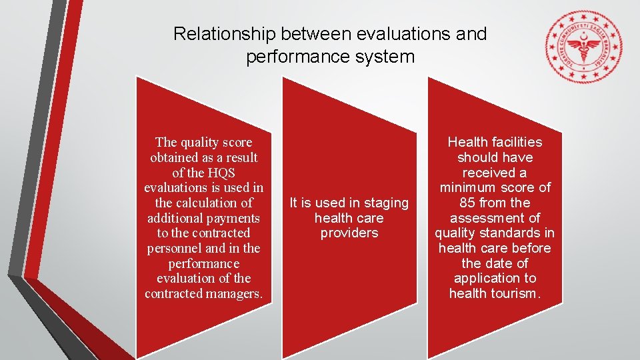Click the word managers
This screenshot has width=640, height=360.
[x=235, y=293]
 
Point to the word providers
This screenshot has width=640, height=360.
[x=349, y=233]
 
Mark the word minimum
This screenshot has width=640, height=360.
[x=471, y=187]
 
